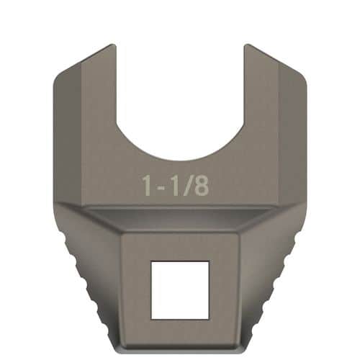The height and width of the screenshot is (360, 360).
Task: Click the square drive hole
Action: (x=179, y=290)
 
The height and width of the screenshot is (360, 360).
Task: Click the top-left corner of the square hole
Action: (x=151, y=262)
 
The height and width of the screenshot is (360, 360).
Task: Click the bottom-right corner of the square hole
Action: (x=209, y=318)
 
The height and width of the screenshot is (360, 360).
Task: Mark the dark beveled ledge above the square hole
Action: (x=180, y=220)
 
